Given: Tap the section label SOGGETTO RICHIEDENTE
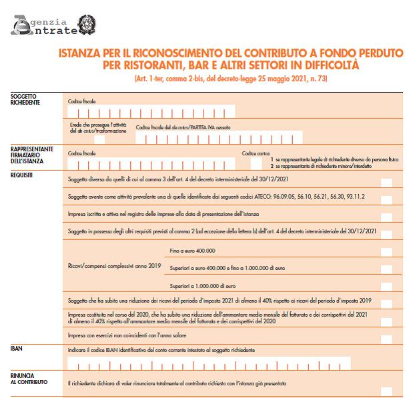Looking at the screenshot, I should pyautogui.click(x=26, y=99).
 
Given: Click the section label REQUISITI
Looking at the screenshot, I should pyautogui.click(x=23, y=175).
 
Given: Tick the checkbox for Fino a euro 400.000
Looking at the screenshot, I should pyautogui.click(x=386, y=251).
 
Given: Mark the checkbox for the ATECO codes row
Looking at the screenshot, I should pyautogui.click(x=386, y=199).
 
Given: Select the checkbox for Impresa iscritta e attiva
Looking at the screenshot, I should pyautogui.click(x=386, y=216).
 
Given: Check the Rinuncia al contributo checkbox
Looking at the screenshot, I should pyautogui.click(x=386, y=385).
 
